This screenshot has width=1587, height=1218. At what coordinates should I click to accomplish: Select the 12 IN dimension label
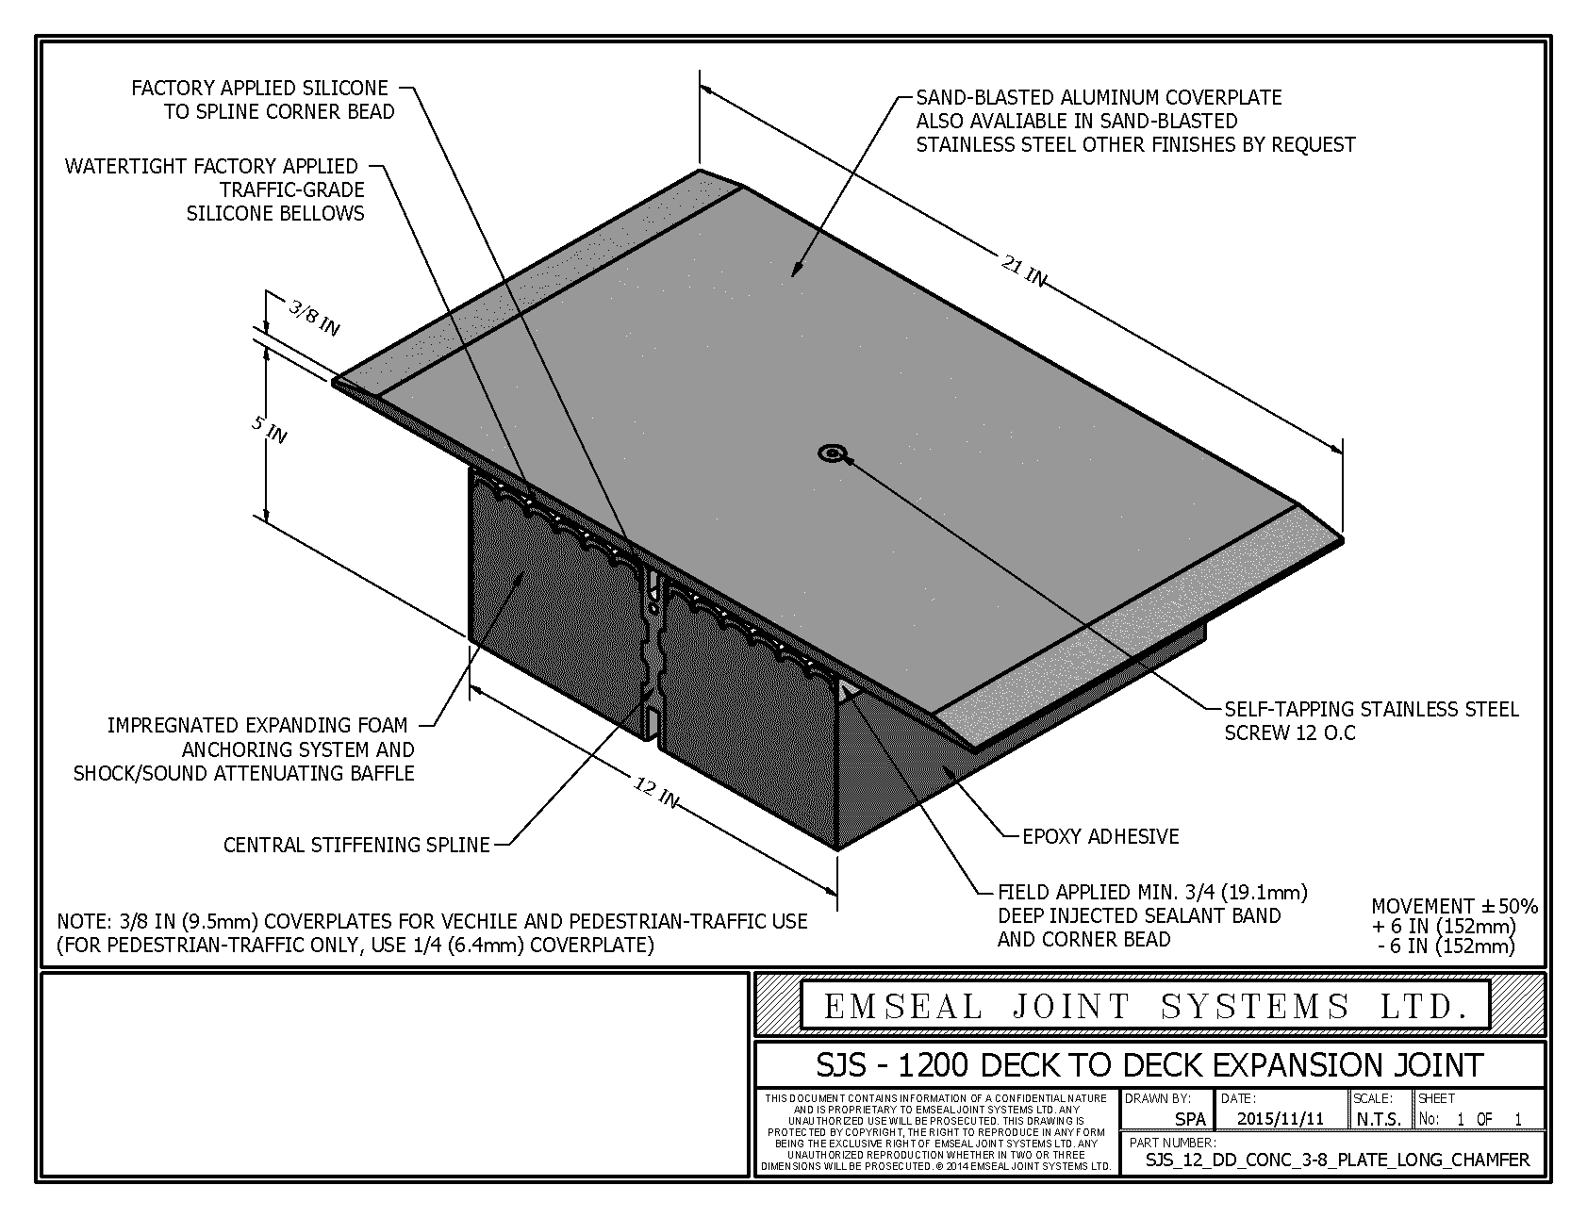click(654, 793)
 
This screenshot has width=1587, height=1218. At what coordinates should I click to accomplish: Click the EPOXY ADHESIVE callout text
click(1100, 836)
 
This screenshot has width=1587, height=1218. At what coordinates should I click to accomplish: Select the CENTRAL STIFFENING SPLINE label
click(356, 845)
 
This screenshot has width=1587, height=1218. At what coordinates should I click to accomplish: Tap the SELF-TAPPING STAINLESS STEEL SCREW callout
click(1372, 721)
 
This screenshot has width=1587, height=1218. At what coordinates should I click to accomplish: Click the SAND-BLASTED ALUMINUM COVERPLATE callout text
click(1135, 122)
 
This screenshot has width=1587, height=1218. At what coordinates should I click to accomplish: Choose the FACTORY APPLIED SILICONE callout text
click(263, 100)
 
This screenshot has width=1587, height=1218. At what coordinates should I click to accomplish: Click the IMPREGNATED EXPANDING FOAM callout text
click(244, 749)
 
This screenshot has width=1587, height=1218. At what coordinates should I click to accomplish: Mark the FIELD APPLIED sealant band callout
click(1152, 915)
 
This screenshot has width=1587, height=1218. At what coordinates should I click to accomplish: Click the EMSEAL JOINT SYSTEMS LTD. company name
click(1146, 1007)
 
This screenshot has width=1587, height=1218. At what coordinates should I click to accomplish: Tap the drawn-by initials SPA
click(1190, 1120)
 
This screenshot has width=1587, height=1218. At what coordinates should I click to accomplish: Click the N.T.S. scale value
click(1380, 1120)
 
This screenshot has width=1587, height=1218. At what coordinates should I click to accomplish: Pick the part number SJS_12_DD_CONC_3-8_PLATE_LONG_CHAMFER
click(1337, 1160)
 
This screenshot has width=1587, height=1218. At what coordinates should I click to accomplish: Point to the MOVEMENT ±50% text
click(1454, 906)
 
